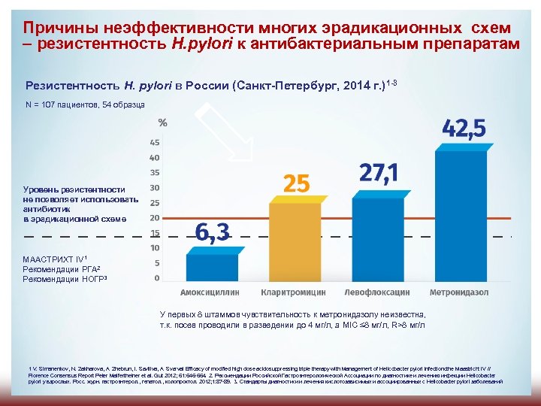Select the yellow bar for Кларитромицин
click(294, 241)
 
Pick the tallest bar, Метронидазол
click(461, 214)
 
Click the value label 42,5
click(464, 129)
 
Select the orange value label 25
click(295, 182)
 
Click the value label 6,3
click(213, 232)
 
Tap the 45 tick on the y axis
click(155, 142)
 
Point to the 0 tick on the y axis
click(156, 277)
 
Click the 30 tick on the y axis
click(155, 188)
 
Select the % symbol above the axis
click(162, 123)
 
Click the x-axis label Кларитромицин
click(294, 292)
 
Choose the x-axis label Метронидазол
click(459, 292)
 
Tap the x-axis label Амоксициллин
click(212, 292)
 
